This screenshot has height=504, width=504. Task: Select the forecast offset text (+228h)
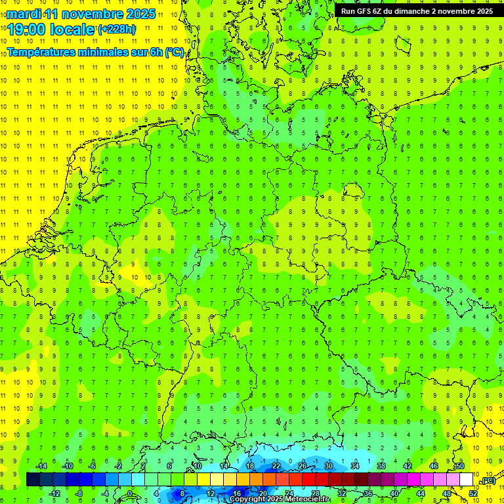117,29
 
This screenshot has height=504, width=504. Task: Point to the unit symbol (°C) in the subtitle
174,52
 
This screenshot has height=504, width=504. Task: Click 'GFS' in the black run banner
364,11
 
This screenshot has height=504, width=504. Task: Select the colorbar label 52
473,493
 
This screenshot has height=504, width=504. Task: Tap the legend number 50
460,466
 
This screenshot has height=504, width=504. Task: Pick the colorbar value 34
355,466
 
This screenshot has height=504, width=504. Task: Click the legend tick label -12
54,493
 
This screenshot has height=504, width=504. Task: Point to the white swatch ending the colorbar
466,479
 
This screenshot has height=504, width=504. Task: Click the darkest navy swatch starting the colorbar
33,479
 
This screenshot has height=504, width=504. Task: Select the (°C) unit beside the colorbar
488,481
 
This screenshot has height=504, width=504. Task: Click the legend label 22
276,466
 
